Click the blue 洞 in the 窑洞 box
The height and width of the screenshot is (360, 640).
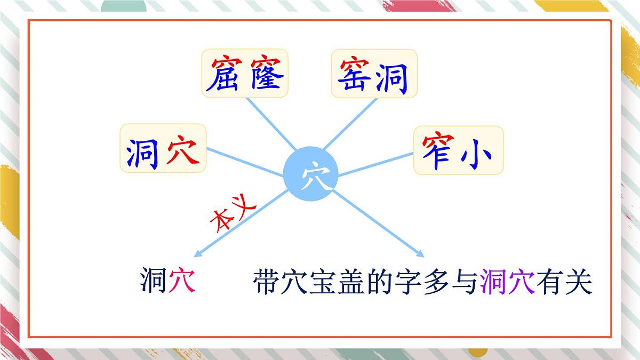click(394, 75)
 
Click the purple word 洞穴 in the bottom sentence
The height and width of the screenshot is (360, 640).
click(508, 281)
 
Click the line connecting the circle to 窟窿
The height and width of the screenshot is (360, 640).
click(271, 124)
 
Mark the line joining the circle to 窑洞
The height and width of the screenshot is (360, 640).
click(350, 124)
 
